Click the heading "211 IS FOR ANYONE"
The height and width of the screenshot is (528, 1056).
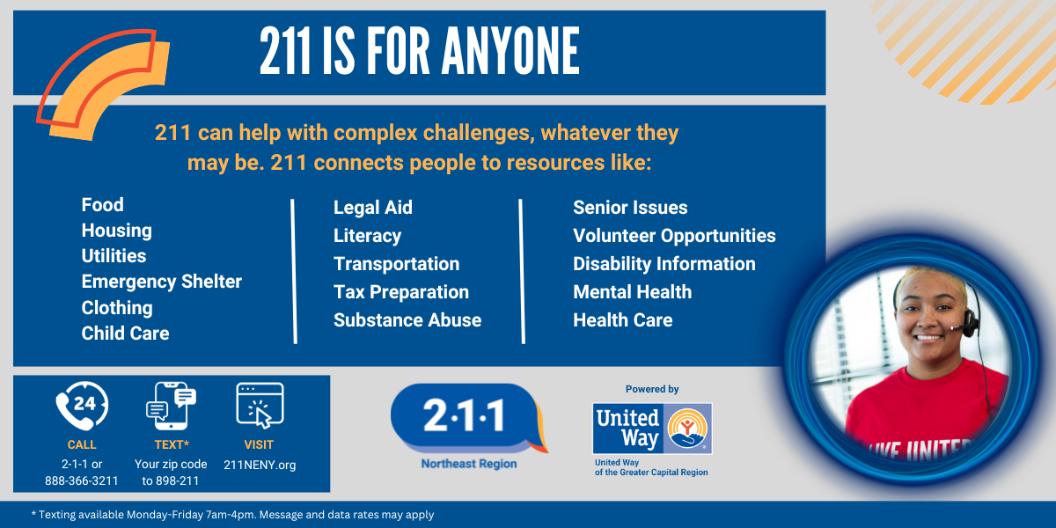(419, 51)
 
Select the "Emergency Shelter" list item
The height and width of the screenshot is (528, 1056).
(161, 282)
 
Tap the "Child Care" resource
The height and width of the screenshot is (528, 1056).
(125, 333)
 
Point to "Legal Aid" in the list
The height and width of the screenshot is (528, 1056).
(372, 208)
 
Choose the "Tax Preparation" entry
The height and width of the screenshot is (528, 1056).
(400, 292)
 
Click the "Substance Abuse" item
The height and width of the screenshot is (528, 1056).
(407, 320)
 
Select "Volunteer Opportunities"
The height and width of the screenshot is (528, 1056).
(674, 236)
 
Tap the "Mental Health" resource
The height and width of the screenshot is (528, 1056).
(632, 292)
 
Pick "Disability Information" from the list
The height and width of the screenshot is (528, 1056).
(664, 264)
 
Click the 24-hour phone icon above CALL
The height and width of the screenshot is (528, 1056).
(82, 406)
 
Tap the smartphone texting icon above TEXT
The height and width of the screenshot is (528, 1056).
(171, 406)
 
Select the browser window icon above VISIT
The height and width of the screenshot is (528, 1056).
(260, 405)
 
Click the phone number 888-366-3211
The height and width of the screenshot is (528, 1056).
(82, 480)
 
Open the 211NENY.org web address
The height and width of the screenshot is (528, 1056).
(260, 465)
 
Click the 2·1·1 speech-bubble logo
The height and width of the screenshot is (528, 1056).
(466, 417)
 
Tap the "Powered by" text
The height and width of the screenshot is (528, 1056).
(652, 389)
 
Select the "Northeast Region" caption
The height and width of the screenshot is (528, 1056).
(468, 464)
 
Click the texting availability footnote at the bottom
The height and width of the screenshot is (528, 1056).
(232, 514)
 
